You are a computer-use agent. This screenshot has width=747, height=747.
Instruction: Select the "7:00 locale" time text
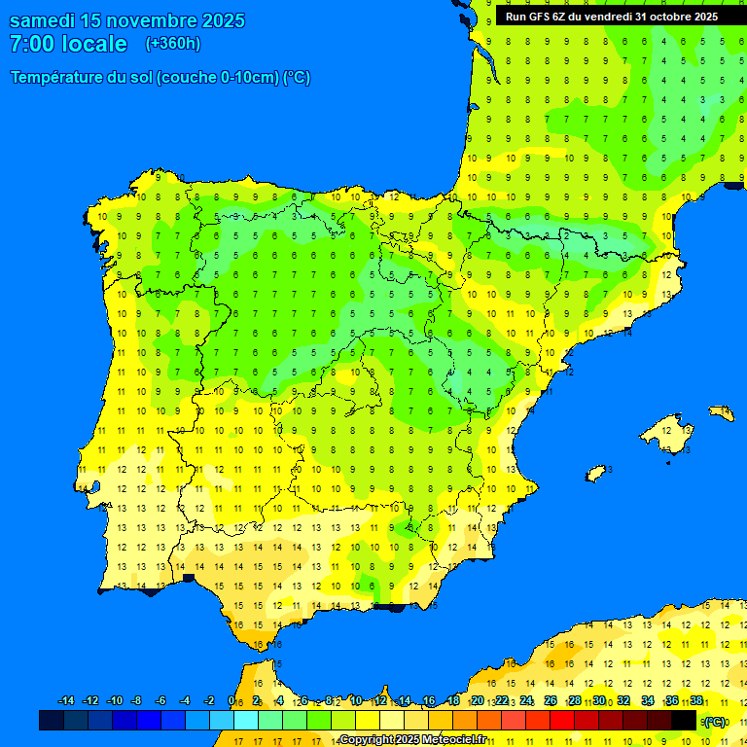click(x=68, y=44)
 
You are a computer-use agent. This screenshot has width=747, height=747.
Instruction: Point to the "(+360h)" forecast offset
click(x=173, y=44)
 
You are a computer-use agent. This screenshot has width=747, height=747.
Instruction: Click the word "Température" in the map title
click(x=57, y=78)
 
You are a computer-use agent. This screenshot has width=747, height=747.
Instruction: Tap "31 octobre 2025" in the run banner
click(x=677, y=17)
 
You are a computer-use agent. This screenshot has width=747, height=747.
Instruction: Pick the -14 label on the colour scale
click(x=66, y=701)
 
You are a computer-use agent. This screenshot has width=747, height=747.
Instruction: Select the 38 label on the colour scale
click(x=696, y=701)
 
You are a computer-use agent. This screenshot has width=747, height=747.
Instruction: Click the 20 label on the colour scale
click(x=478, y=701)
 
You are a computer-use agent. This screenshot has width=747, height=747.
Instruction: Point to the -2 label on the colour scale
click(x=208, y=701)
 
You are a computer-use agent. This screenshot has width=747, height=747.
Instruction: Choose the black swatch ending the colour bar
click(x=684, y=720)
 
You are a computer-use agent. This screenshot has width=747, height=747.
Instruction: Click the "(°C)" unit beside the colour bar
click(x=715, y=722)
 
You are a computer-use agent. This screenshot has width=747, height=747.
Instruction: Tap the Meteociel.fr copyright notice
click(x=412, y=740)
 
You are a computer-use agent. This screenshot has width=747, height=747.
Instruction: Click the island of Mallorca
click(x=670, y=429)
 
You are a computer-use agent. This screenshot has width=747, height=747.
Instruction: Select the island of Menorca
click(x=722, y=412)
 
